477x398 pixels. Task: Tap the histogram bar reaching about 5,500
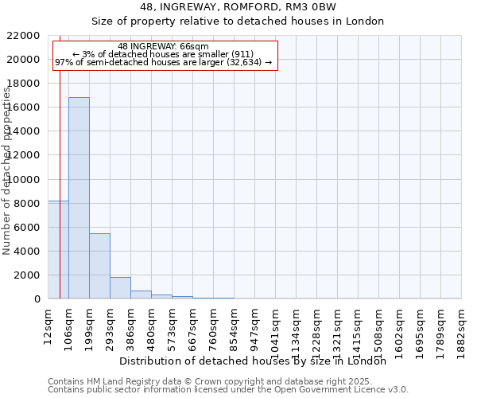click(99, 266)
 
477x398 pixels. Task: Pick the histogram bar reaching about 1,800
click(120, 287)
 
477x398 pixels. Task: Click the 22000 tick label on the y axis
click(24, 36)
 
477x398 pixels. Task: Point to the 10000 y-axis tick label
click(24, 180)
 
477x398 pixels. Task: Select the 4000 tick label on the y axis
click(27, 252)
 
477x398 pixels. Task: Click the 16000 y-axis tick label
click(24, 107)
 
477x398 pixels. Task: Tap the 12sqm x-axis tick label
click(48, 326)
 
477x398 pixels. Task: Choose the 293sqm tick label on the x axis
click(111, 327)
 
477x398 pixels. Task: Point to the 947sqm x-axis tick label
click(255, 327)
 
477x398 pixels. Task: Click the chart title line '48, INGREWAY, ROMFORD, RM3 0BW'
click(238, 7)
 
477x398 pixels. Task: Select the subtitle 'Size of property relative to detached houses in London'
click(238, 21)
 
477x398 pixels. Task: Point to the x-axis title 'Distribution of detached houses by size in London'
click(258, 361)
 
